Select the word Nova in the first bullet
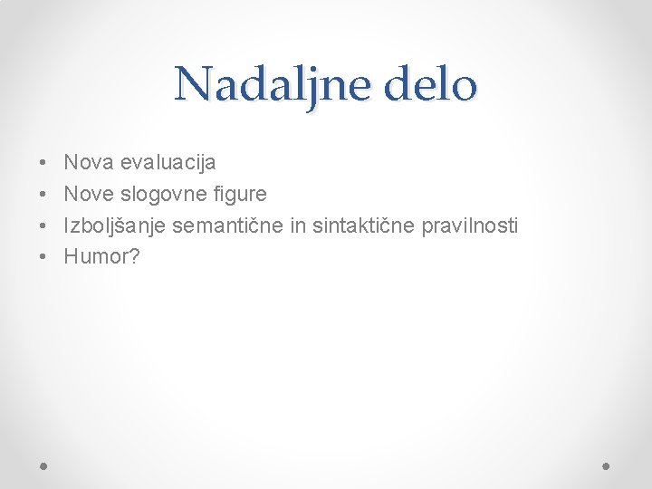(x=87, y=163)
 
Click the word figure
(x=238, y=195)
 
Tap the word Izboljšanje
(x=115, y=225)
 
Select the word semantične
(x=228, y=225)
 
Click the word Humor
(x=95, y=257)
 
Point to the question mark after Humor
(x=135, y=257)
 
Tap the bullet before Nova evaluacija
(x=44, y=164)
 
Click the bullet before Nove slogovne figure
(x=44, y=195)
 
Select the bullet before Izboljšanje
(x=44, y=226)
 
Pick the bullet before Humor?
(x=44, y=258)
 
